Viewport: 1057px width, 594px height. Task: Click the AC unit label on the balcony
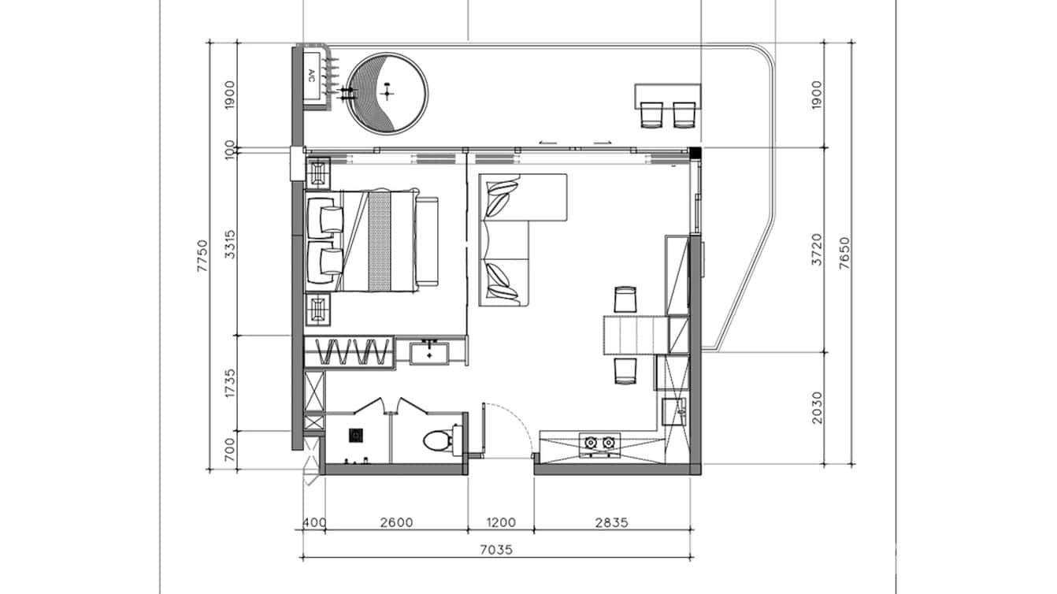311,76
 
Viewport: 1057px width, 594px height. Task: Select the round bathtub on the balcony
388,92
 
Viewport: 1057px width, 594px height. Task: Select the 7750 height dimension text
202,256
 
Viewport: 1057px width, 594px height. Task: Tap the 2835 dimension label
612,522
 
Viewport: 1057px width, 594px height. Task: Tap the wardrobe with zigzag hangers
349,351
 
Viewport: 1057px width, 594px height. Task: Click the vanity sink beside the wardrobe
430,351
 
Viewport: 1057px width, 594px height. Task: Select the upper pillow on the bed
326,215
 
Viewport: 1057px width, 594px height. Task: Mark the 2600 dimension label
395,522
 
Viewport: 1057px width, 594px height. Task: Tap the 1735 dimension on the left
230,383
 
